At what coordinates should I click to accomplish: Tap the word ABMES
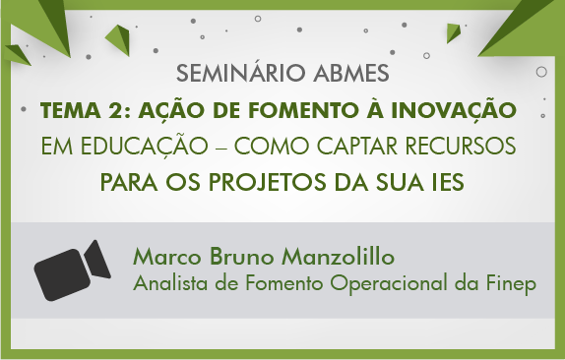point(351,73)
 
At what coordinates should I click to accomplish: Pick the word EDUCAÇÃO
point(144,147)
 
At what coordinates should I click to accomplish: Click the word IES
point(447,182)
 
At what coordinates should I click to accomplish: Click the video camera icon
point(73,270)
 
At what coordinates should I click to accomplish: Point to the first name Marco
point(166,258)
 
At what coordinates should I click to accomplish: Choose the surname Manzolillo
point(338,258)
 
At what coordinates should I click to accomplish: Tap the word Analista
point(170,283)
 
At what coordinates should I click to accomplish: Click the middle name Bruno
point(241,258)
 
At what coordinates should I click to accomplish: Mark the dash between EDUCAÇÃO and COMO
point(220,148)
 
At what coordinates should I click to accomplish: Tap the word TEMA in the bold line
point(70,110)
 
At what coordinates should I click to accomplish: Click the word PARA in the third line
point(129,182)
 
